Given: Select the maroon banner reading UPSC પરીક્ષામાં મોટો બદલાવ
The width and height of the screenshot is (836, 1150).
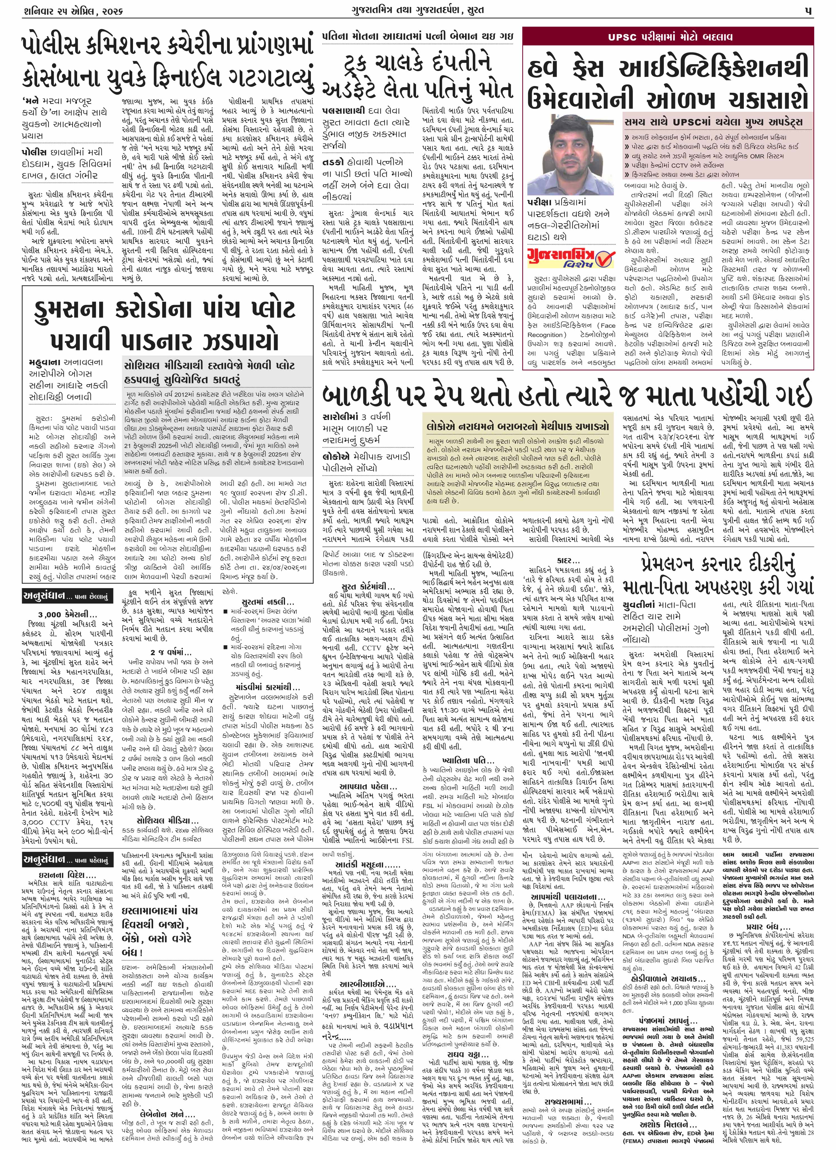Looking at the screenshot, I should pos(669,37).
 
